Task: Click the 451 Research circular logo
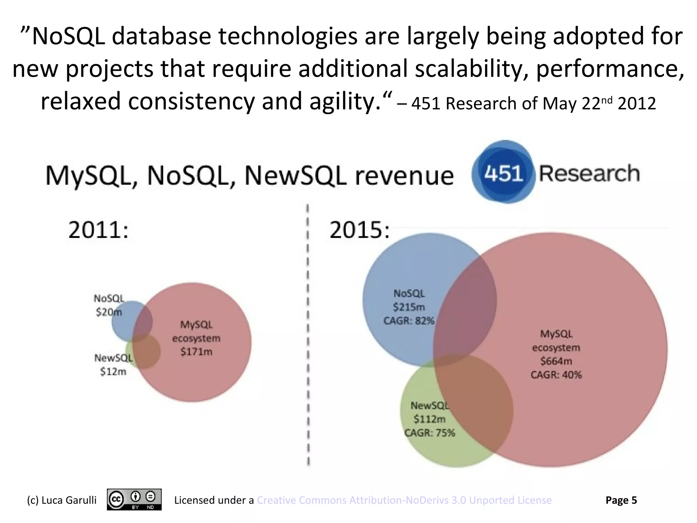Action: [x=503, y=172]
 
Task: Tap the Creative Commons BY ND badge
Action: [x=134, y=500]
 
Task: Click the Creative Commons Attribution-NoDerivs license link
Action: [x=404, y=500]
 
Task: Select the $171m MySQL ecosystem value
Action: [x=196, y=352]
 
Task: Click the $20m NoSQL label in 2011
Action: [x=108, y=312]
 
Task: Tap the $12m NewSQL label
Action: [x=113, y=371]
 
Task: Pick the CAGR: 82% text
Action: [x=409, y=321]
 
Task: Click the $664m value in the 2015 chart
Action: [x=556, y=361]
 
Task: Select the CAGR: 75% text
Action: [x=429, y=433]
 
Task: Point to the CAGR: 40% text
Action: [x=556, y=375]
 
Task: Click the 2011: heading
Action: [x=99, y=230]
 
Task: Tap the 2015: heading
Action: [x=359, y=230]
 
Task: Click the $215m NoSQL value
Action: [x=409, y=307]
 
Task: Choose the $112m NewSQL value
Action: [x=429, y=419]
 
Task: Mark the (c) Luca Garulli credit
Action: [x=62, y=500]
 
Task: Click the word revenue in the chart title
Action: [x=404, y=176]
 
